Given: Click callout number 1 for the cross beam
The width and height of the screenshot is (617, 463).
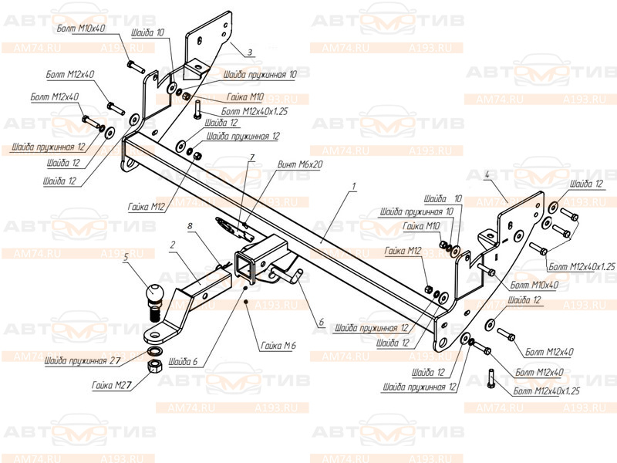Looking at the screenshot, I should coord(353,187).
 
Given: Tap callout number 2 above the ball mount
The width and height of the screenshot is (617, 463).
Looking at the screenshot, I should coord(174,244).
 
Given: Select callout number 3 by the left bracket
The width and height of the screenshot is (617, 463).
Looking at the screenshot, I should coord(250,53).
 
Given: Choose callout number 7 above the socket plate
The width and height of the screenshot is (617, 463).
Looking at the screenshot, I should coord(251,158).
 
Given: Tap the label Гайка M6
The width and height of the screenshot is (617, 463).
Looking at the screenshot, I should coord(279,346).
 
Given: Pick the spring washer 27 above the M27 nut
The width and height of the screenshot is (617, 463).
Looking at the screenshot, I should coord(154,353).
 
